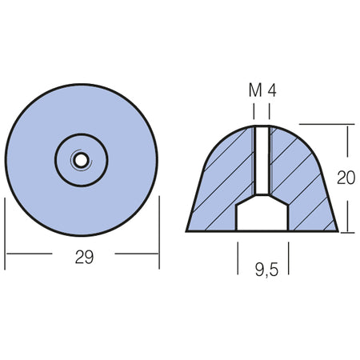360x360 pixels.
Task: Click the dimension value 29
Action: [84, 257]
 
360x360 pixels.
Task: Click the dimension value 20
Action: [346, 178]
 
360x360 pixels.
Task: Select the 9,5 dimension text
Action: [266, 269]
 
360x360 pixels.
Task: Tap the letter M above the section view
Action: [255, 90]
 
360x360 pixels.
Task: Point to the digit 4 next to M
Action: [272, 90]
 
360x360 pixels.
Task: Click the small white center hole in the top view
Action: [81, 160]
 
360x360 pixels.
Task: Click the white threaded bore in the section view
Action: [262, 161]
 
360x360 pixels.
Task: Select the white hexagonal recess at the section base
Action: [262, 213]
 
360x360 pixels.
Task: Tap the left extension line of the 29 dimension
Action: [5, 234]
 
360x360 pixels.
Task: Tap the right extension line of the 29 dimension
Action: [159, 233]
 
